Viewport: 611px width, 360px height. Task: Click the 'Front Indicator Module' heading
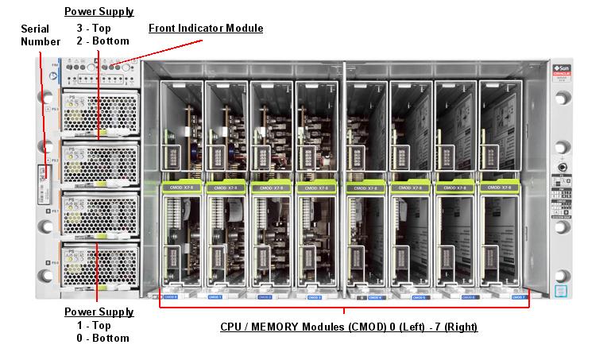[x=206, y=29]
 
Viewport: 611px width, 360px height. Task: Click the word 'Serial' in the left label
[x=35, y=29]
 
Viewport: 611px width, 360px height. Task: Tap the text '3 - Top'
[x=93, y=28]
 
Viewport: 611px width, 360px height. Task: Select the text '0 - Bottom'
[x=99, y=338]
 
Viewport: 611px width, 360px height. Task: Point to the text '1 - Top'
[x=93, y=325]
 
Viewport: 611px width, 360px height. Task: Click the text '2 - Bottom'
[x=99, y=41]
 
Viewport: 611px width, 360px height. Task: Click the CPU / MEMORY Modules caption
[x=348, y=327]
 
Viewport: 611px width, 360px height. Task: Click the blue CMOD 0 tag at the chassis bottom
[x=181, y=296]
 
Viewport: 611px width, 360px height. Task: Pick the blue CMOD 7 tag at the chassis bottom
[x=519, y=296]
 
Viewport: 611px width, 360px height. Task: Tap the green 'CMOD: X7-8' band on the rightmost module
[x=501, y=189]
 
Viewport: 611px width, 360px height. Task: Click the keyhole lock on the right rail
[x=563, y=168]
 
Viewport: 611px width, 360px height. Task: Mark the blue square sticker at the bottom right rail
[x=561, y=291]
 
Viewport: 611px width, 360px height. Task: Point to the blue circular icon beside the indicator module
[x=52, y=77]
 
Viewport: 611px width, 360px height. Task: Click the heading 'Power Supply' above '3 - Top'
[x=99, y=12]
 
